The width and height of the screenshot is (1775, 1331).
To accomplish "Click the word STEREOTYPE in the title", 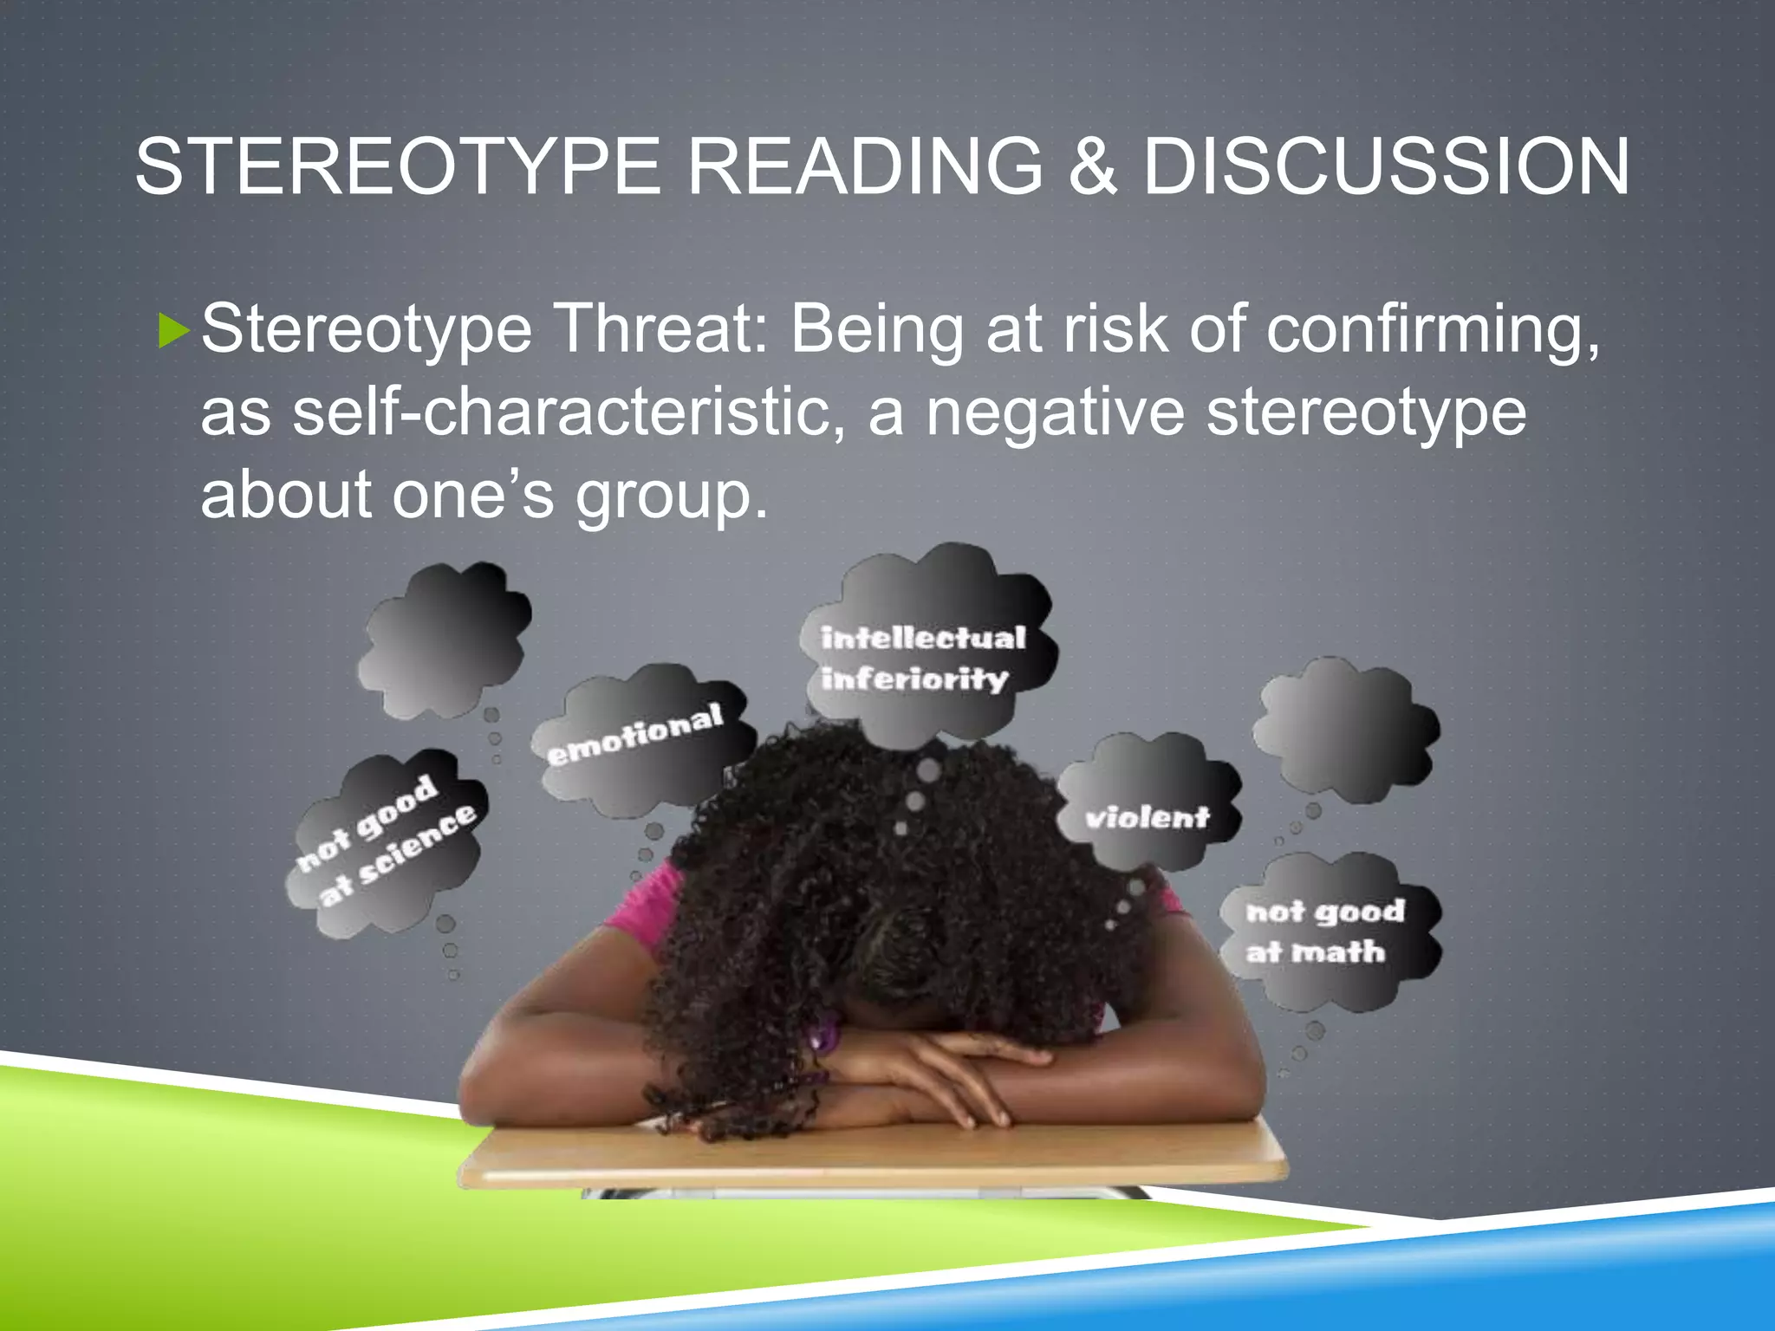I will pyautogui.click(x=398, y=166).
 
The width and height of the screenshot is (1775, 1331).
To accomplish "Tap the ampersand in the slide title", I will pyautogui.click(x=1093, y=166).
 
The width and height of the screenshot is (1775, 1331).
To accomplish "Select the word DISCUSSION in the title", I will pyautogui.click(x=1386, y=166).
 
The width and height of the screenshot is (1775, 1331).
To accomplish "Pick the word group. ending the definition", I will pyautogui.click(x=672, y=496).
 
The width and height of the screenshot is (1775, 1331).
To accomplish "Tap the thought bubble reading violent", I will pyautogui.click(x=1147, y=816).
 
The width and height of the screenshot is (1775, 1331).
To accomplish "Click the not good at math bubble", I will pyautogui.click(x=1326, y=931).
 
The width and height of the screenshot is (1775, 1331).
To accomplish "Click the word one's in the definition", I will pyautogui.click(x=472, y=496).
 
